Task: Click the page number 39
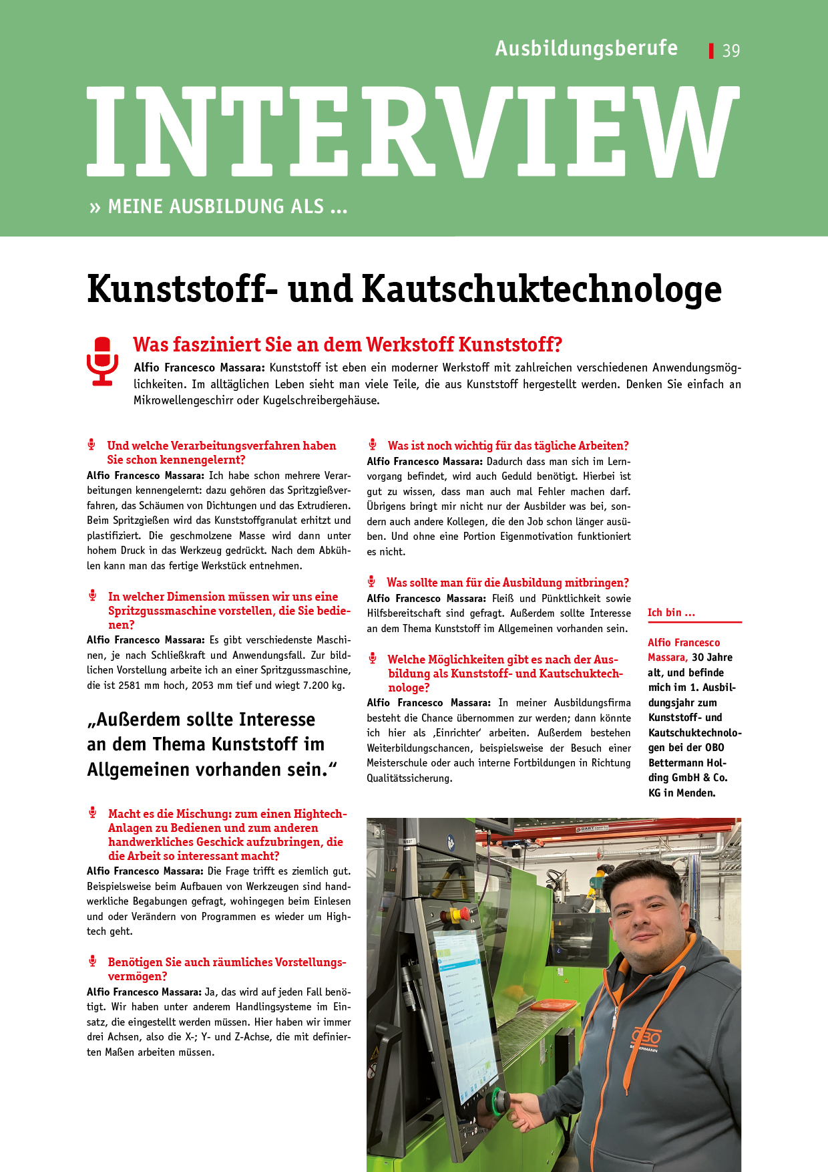coord(731,51)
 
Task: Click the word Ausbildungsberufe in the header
coord(586,49)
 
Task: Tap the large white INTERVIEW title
coord(413,131)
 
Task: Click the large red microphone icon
coord(102,361)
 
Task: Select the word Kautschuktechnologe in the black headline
coord(542,289)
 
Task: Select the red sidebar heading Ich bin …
coord(671,613)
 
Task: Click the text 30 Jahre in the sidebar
coord(712,657)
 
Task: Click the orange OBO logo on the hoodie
coord(646,1036)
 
